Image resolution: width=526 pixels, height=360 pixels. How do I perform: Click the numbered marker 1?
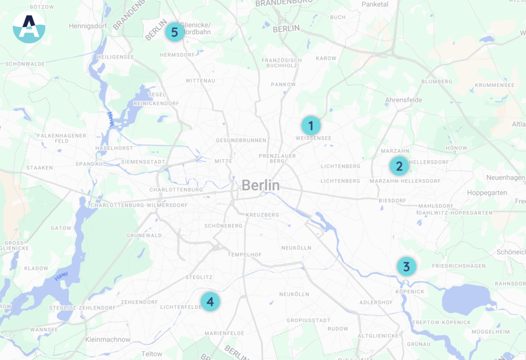click(311, 125)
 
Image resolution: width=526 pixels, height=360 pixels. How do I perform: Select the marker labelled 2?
click(399, 166)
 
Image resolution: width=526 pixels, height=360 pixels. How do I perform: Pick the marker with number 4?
click(210, 301)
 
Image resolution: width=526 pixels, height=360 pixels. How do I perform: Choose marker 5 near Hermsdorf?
click(175, 32)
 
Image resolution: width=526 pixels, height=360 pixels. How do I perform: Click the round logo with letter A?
click(29, 27)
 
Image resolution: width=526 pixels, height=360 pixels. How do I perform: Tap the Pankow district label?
click(284, 84)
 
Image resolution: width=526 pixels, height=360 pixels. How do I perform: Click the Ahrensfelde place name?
click(404, 100)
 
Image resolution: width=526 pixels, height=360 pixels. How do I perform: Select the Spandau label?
click(89, 164)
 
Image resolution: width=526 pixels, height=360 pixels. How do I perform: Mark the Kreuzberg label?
click(262, 215)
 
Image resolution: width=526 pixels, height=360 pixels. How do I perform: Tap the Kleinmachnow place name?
click(108, 339)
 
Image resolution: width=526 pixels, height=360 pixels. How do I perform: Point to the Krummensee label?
click(480, 85)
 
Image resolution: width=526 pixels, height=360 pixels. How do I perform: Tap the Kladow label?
click(36, 268)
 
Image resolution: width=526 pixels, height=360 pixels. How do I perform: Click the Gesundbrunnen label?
click(241, 140)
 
